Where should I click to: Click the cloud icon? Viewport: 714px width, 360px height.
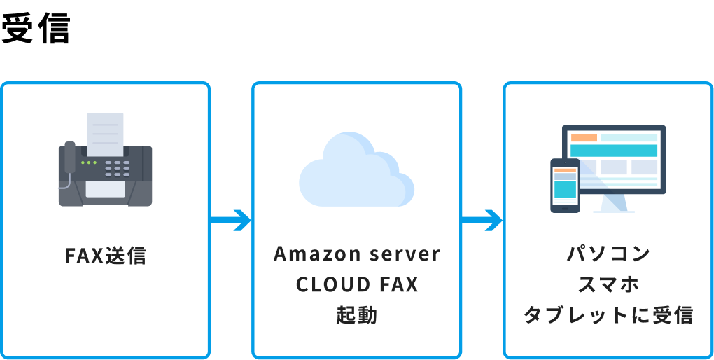pyautogui.click(x=356, y=172)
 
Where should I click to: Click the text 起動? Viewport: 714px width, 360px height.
pyautogui.click(x=356, y=315)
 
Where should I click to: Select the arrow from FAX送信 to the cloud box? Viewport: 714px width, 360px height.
pyautogui.click(x=230, y=221)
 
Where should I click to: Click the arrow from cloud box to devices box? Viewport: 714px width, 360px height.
pyautogui.click(x=482, y=221)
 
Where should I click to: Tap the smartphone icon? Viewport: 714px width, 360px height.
pyautogui.click(x=565, y=186)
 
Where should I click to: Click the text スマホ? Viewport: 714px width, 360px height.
pyautogui.click(x=608, y=284)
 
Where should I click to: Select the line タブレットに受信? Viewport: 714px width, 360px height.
pyautogui.click(x=608, y=315)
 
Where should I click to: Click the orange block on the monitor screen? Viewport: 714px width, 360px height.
pyautogui.click(x=584, y=137)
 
